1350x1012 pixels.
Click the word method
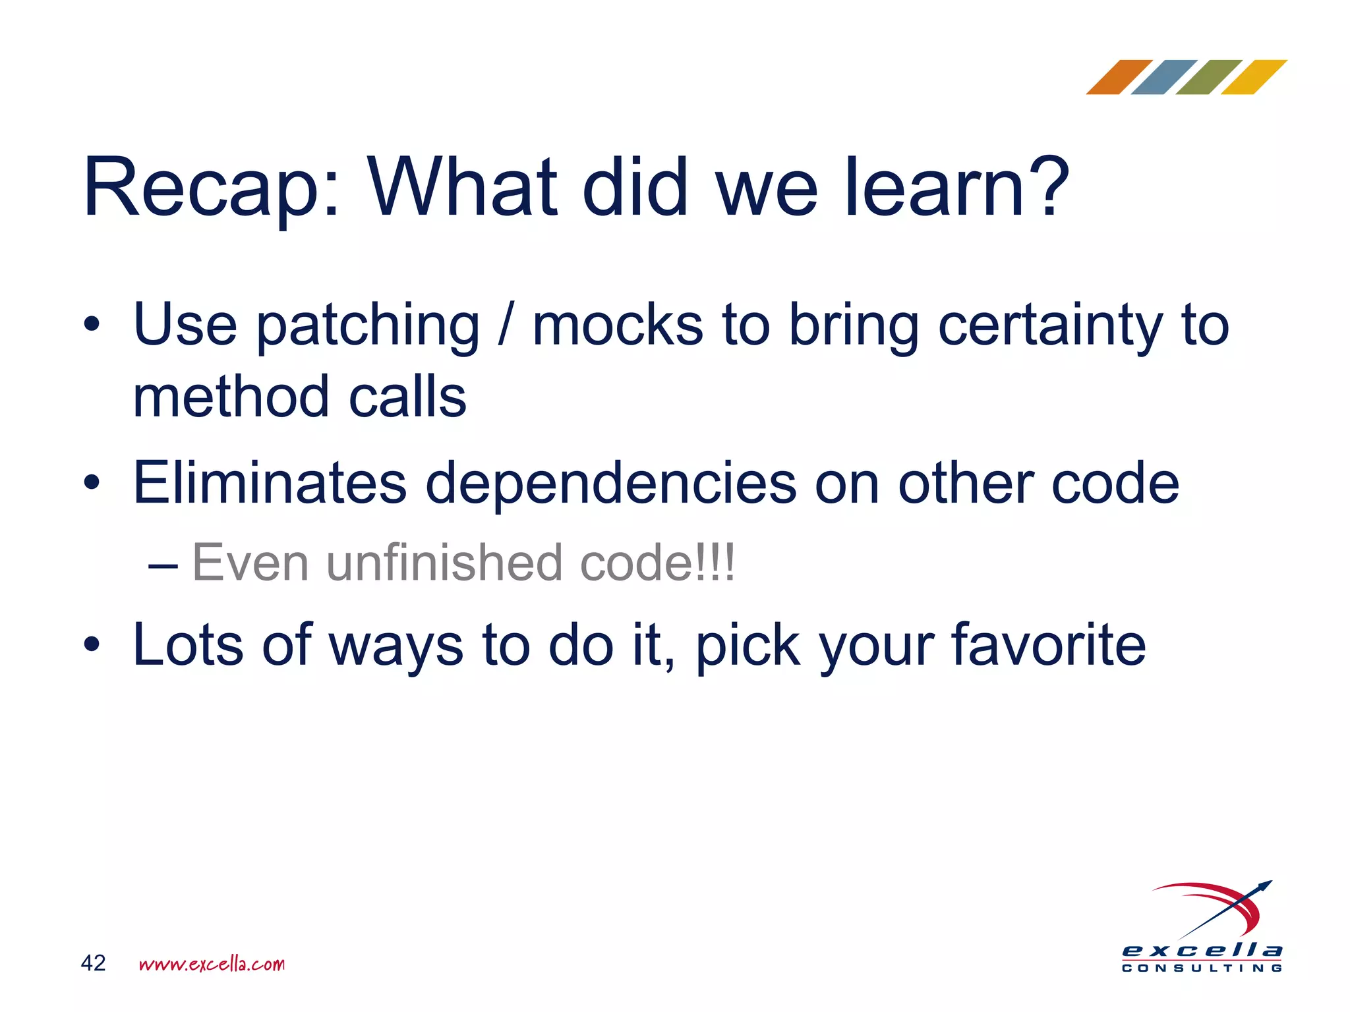point(231,397)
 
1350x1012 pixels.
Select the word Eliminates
point(270,483)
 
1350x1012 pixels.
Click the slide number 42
point(93,963)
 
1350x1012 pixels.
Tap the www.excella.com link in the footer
point(212,964)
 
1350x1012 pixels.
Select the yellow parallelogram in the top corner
point(1253,77)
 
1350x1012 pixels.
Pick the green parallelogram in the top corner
point(1208,77)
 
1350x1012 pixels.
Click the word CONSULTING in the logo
point(1202,969)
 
